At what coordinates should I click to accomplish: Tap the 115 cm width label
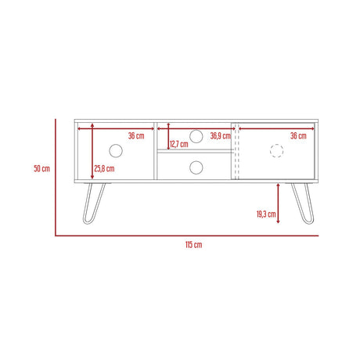pos(193,245)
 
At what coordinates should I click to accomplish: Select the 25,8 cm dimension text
pos(104,168)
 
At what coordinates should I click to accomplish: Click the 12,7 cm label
pos(179,144)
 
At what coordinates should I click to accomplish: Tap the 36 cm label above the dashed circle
pos(297,135)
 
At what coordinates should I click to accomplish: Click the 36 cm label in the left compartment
pos(135,135)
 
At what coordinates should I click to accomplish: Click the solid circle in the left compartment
pos(116,150)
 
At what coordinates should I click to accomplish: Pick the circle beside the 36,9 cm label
pos(195,136)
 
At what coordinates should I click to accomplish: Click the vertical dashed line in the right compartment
pos(233,152)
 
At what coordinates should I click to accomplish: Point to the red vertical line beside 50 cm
pos(56,177)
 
